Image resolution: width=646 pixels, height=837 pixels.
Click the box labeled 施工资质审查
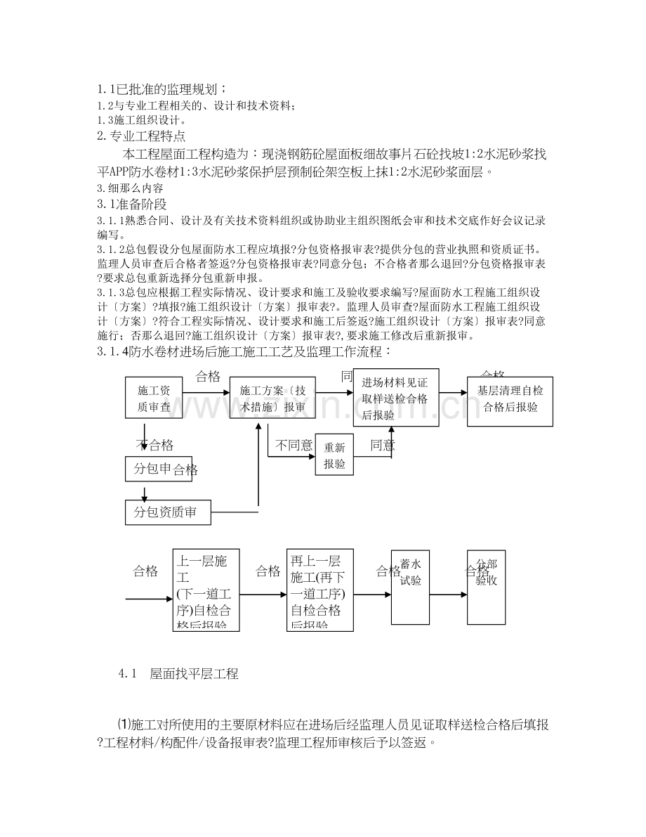[x=154, y=398]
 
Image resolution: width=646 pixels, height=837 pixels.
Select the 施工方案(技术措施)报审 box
[x=272, y=398]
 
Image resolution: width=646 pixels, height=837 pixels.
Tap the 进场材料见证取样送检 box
[x=395, y=398]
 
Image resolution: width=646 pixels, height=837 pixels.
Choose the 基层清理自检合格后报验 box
[x=509, y=398]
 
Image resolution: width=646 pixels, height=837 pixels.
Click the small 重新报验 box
[x=334, y=455]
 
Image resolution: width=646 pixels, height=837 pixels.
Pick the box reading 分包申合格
[x=165, y=469]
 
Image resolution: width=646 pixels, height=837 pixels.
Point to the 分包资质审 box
[x=168, y=512]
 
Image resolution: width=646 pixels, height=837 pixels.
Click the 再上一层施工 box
[x=319, y=590]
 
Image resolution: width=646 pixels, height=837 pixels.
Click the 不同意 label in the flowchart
[x=294, y=445]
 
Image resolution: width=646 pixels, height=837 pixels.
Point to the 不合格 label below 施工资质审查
[x=154, y=445]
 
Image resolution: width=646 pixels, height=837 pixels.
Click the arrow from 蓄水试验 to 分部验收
[x=448, y=595]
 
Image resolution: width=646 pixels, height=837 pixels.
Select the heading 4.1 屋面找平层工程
[x=179, y=675]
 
